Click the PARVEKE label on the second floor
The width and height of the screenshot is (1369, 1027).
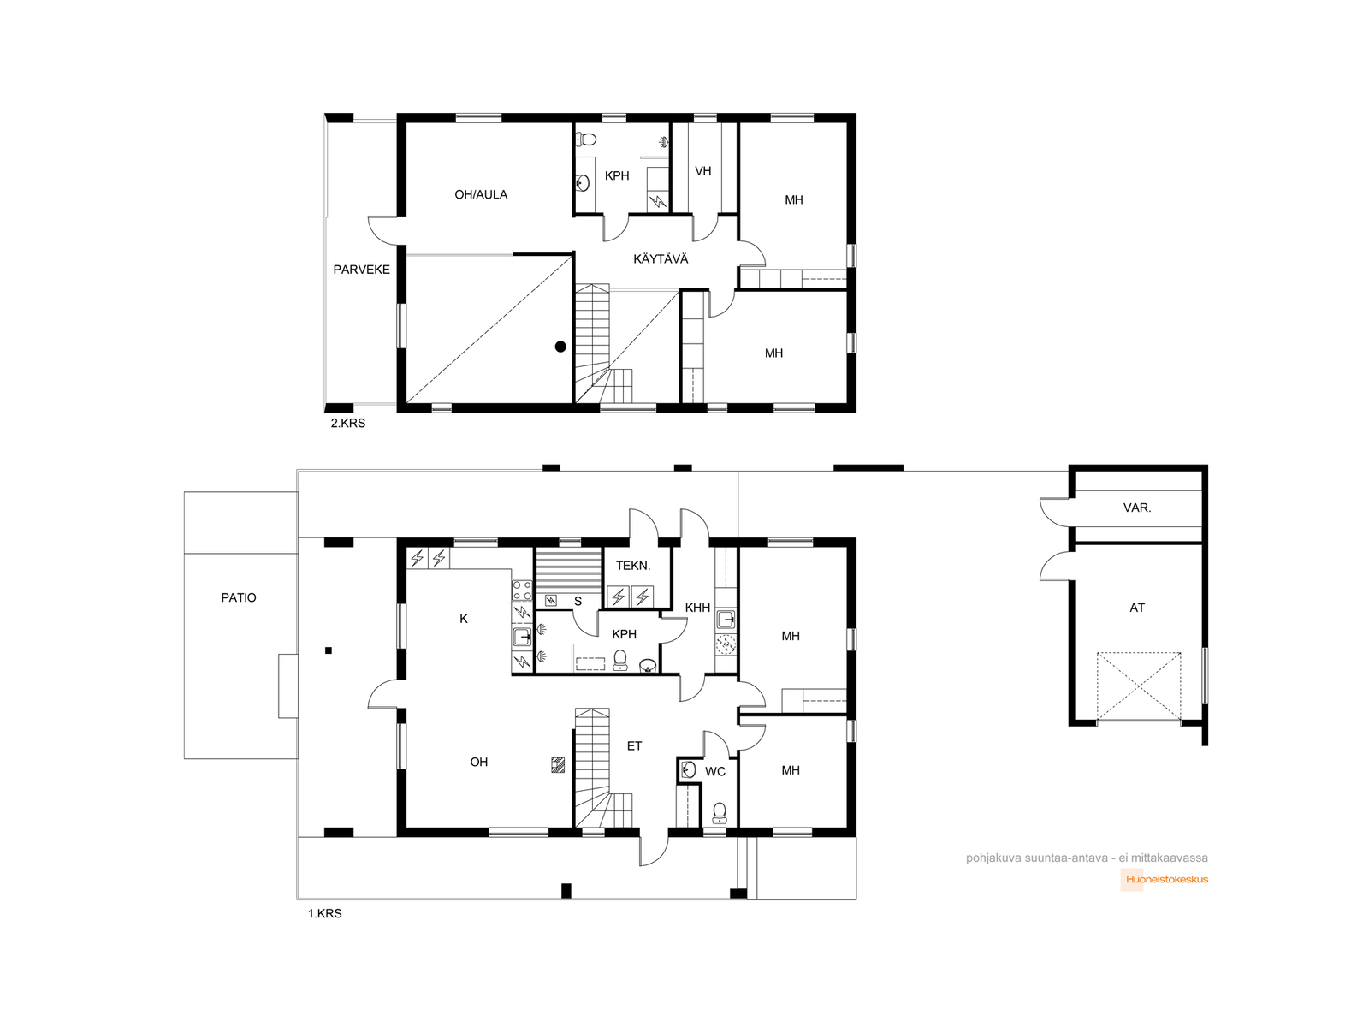click(x=361, y=270)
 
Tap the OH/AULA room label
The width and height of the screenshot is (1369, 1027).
click(x=481, y=194)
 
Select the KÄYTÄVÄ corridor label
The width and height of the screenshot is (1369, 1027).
click(x=661, y=258)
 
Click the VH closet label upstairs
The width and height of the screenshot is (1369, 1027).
click(x=703, y=171)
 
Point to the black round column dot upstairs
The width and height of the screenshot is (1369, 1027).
click(x=560, y=347)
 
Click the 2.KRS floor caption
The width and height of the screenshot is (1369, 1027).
click(x=348, y=423)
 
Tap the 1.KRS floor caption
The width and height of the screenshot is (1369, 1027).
click(x=325, y=913)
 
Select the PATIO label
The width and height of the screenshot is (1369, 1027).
click(x=238, y=597)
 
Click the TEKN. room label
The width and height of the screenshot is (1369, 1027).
click(x=633, y=566)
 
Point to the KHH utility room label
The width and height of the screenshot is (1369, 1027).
click(x=697, y=608)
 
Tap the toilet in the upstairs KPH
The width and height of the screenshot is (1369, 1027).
click(x=586, y=139)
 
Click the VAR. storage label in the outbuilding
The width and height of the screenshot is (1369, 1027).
click(x=1137, y=508)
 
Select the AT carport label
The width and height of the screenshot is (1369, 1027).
click(x=1137, y=608)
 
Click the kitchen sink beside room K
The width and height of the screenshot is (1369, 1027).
click(x=522, y=637)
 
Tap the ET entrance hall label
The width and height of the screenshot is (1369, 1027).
click(x=634, y=745)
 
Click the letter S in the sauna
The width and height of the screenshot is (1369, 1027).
click(x=578, y=601)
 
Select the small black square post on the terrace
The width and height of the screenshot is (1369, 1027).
click(x=328, y=650)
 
